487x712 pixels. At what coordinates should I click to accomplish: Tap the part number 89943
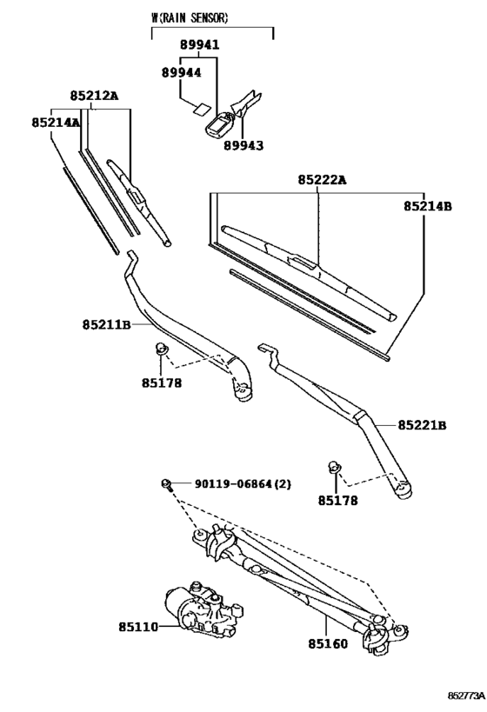click(243, 147)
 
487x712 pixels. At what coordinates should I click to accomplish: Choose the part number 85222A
click(322, 180)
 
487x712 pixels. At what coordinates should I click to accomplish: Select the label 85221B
click(423, 425)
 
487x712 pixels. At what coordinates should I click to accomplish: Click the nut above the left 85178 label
click(160, 349)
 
